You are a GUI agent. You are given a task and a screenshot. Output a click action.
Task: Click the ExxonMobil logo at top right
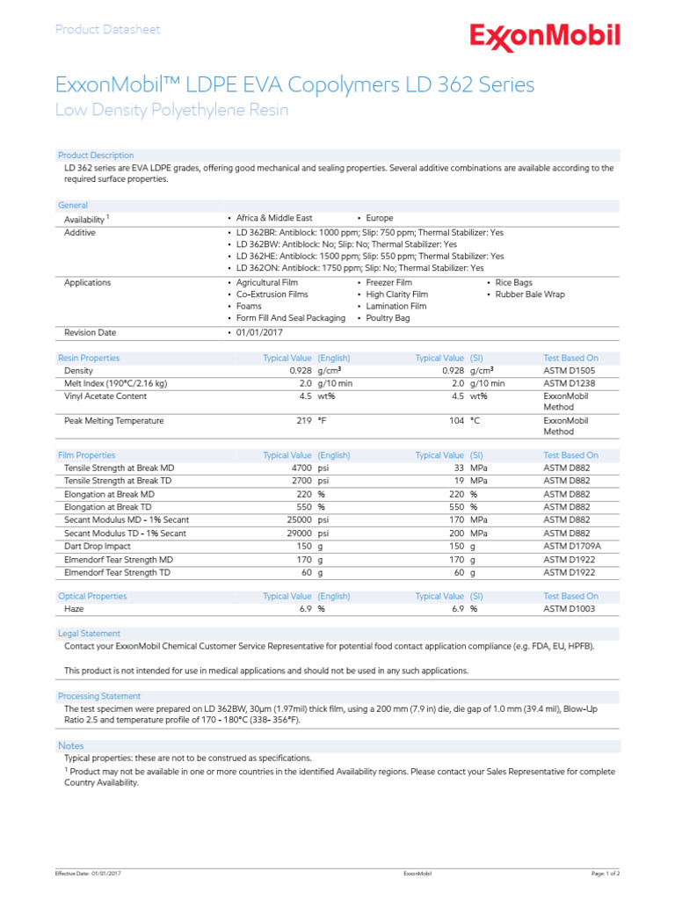pyautogui.click(x=545, y=35)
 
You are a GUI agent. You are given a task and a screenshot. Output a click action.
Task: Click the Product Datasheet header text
pyautogui.click(x=108, y=30)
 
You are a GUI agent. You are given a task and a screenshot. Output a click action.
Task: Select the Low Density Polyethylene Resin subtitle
pyautogui.click(x=171, y=111)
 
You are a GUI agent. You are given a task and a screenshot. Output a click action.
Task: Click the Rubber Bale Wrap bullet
pyautogui.click(x=529, y=294)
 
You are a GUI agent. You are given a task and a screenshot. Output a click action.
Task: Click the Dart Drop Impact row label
pyautogui.click(x=98, y=547)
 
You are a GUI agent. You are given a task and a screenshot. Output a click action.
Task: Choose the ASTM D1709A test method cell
pyautogui.click(x=573, y=547)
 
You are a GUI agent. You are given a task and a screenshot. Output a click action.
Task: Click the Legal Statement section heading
pyautogui.click(x=89, y=633)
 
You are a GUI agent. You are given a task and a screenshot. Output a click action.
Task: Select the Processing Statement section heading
pyautogui.click(x=98, y=696)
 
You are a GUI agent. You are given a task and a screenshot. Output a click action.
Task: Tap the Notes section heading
pyautogui.click(x=71, y=745)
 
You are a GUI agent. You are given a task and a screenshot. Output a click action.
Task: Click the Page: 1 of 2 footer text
pyautogui.click(x=606, y=874)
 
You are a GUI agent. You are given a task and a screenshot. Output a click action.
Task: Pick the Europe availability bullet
pyautogui.click(x=379, y=218)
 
